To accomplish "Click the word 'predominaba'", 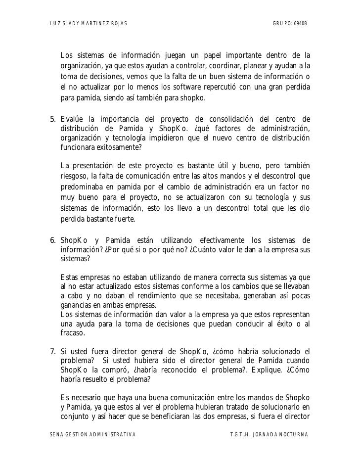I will (x=82, y=186).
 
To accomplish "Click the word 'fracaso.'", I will (x=73, y=333).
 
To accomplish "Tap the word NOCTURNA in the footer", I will (x=291, y=434).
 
